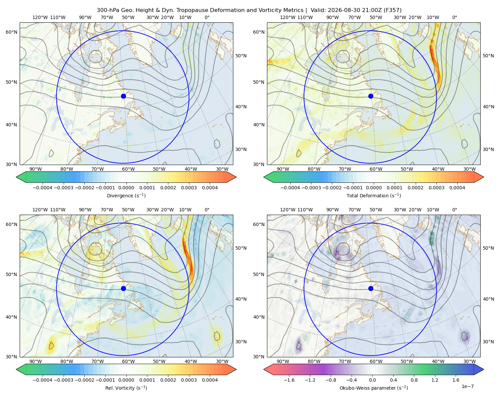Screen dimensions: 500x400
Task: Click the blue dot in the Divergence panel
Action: pos(123,96)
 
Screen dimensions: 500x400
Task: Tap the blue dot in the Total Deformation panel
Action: pos(371,96)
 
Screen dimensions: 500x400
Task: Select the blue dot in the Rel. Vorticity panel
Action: pos(123,288)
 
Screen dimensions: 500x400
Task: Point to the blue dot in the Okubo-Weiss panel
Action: pos(371,288)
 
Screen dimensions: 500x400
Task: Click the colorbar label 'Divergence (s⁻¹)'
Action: pos(126,195)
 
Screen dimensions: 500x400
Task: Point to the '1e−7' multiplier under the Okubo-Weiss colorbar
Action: pos(467,386)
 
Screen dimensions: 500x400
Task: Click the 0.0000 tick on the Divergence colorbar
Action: pos(126,188)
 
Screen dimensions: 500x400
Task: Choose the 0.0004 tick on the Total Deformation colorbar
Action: pos(457,188)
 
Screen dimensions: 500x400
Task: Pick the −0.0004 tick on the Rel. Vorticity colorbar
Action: pos(43,380)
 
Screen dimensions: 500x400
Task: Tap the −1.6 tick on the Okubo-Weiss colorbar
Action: pos(289,380)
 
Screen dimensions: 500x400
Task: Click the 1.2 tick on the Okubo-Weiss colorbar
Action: pos(435,380)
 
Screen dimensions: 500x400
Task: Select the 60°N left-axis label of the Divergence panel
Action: pos(11,32)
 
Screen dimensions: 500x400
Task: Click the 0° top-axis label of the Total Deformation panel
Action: pos(454,17)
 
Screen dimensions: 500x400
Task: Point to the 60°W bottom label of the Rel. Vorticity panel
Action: pos(128,361)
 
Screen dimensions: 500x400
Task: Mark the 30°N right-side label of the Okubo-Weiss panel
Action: pos(488,341)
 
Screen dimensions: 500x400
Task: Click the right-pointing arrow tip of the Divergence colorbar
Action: pos(236,177)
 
